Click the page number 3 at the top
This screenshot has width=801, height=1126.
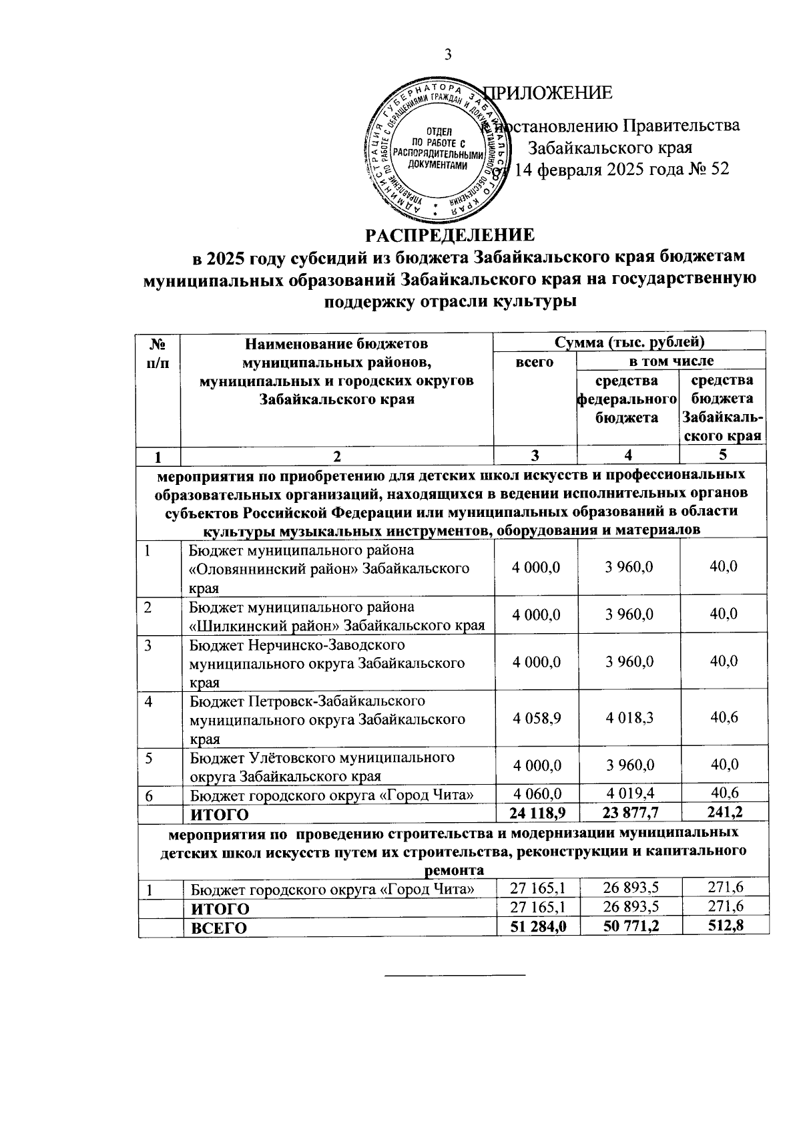[x=448, y=55]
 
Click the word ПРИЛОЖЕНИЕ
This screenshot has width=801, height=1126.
[x=548, y=93]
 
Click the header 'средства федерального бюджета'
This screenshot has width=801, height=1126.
[x=627, y=399]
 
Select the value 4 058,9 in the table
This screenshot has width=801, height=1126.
[x=536, y=718]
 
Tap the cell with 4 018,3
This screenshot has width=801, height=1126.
[x=629, y=718]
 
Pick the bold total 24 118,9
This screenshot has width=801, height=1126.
[x=536, y=812]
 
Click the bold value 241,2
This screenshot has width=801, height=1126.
[x=724, y=812]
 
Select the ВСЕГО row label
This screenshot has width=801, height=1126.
[x=219, y=928]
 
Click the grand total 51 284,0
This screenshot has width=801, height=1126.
[x=536, y=926]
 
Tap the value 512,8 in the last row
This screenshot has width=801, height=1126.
[x=724, y=926]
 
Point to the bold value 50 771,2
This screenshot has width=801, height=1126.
[x=629, y=926]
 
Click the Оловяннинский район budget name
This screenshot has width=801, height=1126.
[x=328, y=568]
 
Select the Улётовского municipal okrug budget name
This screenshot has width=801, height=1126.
[x=322, y=766]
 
